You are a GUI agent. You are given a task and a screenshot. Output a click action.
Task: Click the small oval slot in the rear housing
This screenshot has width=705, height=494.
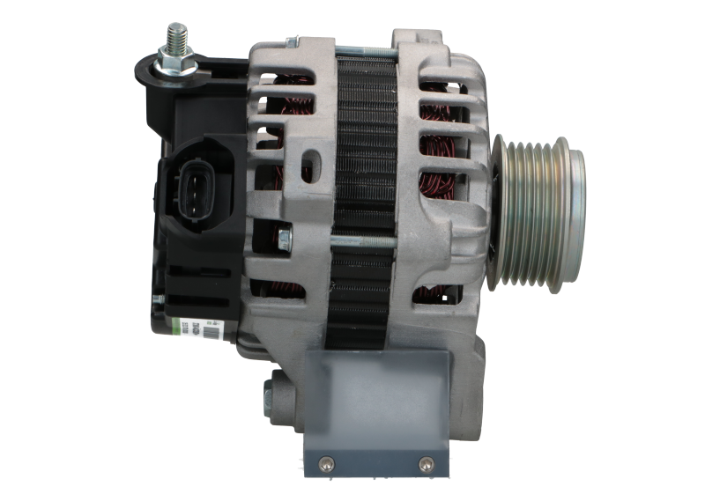click(x=311, y=162)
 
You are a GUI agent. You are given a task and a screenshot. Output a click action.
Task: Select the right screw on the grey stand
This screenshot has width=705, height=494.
click(x=427, y=461)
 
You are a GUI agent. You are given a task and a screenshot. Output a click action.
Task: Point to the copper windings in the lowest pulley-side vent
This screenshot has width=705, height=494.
click(x=432, y=295)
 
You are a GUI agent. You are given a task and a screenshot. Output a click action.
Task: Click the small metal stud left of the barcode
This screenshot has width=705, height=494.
click(x=160, y=302)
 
